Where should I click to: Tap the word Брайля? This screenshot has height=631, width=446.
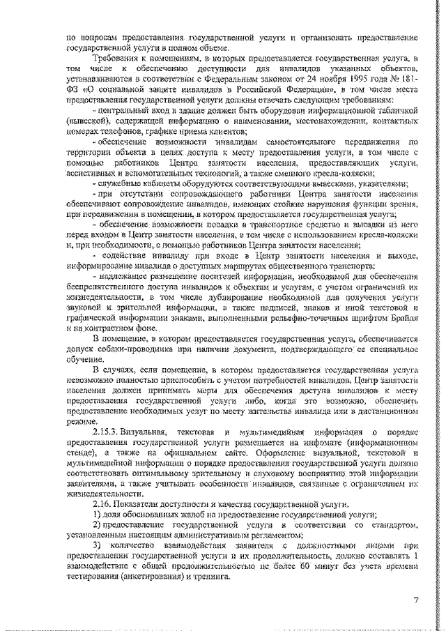(x=399, y=318)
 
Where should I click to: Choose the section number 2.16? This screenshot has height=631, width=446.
(x=103, y=503)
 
